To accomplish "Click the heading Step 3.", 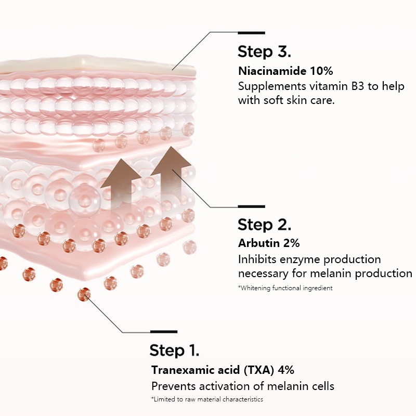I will pyautogui.click(x=264, y=52).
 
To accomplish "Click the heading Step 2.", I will pyautogui.click(x=264, y=225).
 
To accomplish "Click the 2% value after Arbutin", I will pyautogui.click(x=290, y=243).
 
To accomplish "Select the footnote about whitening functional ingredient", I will pyautogui.click(x=285, y=288).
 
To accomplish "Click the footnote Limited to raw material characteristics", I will pyautogui.click(x=207, y=399).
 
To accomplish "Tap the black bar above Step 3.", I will pyautogui.click(x=251, y=33).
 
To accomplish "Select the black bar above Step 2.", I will pyautogui.click(x=251, y=206).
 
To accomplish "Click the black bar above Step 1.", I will pyautogui.click(x=163, y=331).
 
